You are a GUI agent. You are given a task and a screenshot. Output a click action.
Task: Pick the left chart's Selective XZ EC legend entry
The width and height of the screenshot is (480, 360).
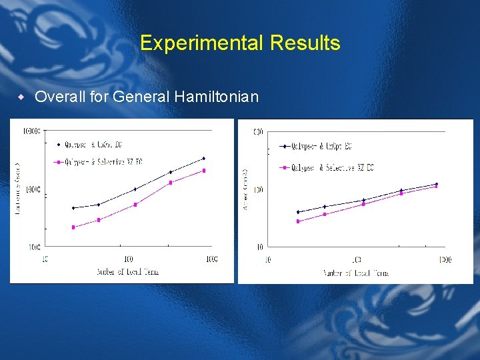point(100,162)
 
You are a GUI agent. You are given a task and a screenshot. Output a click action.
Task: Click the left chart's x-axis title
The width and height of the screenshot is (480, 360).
point(127,271)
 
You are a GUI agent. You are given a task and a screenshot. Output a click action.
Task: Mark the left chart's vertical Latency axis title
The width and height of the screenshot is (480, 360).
point(18,189)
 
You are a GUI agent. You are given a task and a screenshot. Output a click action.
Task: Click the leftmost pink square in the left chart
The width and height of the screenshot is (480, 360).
point(73,227)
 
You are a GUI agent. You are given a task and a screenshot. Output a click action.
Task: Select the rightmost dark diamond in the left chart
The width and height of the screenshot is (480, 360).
point(203,159)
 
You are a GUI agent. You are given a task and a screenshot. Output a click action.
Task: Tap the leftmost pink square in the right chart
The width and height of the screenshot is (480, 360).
point(298,221)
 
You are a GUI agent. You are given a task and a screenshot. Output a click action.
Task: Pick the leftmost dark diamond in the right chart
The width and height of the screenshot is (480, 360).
point(298,212)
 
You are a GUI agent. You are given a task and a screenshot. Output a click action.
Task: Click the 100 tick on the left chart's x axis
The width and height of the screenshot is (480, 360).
point(127,259)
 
